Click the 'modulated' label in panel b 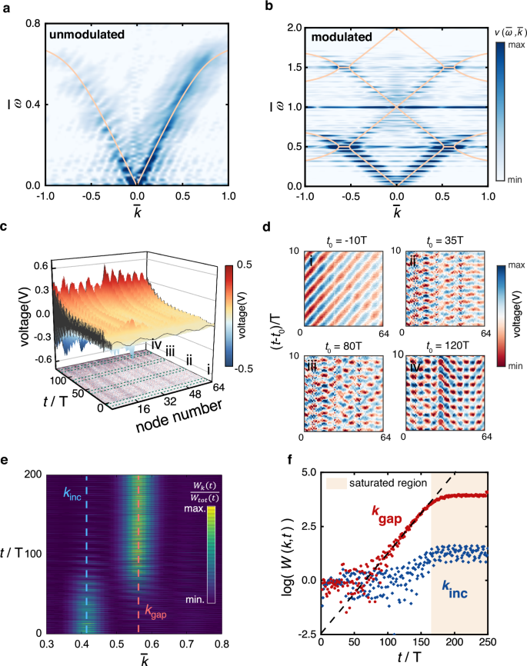335,36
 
